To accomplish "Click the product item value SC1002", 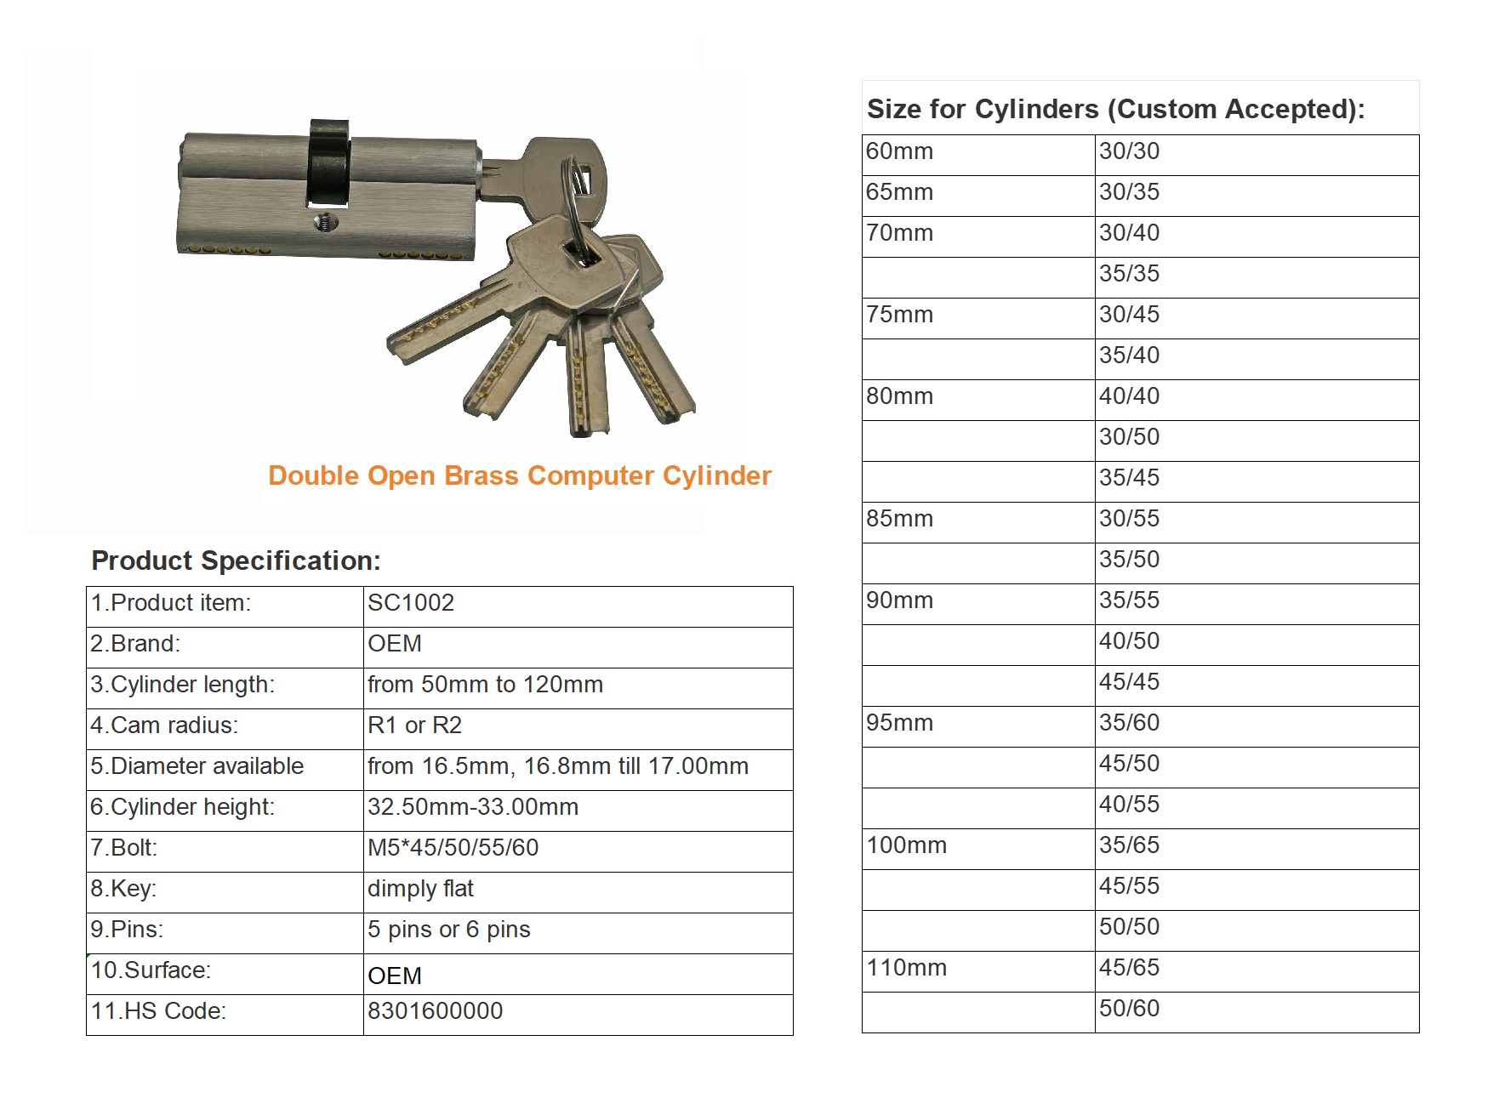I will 411,603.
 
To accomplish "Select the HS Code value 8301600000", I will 435,1011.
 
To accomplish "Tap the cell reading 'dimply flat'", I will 420,889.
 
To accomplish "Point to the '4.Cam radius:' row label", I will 164,725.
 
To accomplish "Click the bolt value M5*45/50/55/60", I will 453,848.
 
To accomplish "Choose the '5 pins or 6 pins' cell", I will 448,930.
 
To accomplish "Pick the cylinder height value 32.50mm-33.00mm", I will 472,807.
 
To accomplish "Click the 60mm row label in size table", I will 899,151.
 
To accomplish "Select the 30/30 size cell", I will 1129,151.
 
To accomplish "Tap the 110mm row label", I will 906,968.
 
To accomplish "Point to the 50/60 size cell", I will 1129,1009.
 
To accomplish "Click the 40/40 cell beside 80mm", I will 1129,396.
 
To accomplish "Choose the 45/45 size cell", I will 1129,682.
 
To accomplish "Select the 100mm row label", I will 906,845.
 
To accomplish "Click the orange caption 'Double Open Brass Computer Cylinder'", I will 519,475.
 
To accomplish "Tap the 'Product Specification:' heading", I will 236,560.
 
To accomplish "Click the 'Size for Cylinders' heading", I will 1114,110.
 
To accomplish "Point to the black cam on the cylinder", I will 328,162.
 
